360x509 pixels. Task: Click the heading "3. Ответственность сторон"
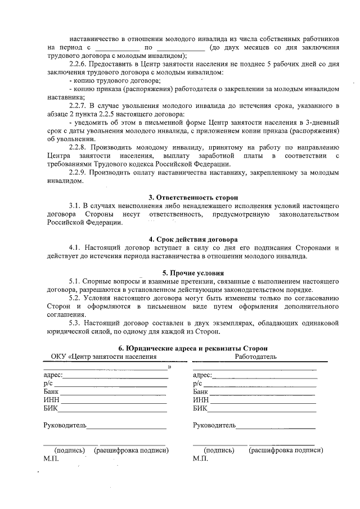pos(193,197)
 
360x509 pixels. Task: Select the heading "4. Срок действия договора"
pos(193,239)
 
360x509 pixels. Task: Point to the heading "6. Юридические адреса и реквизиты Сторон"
pos(193,348)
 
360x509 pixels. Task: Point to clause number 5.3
pos(75,323)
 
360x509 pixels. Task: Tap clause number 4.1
pos(75,248)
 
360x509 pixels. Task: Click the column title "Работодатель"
pos(255,357)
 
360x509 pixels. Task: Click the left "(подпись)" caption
pos(69,451)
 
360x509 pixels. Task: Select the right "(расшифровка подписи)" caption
pos(286,451)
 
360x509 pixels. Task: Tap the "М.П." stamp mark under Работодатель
pos(200,459)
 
